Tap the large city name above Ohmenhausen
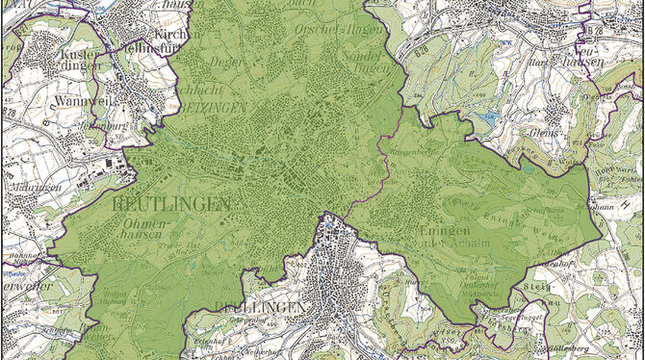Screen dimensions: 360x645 (x=170, y=204)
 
